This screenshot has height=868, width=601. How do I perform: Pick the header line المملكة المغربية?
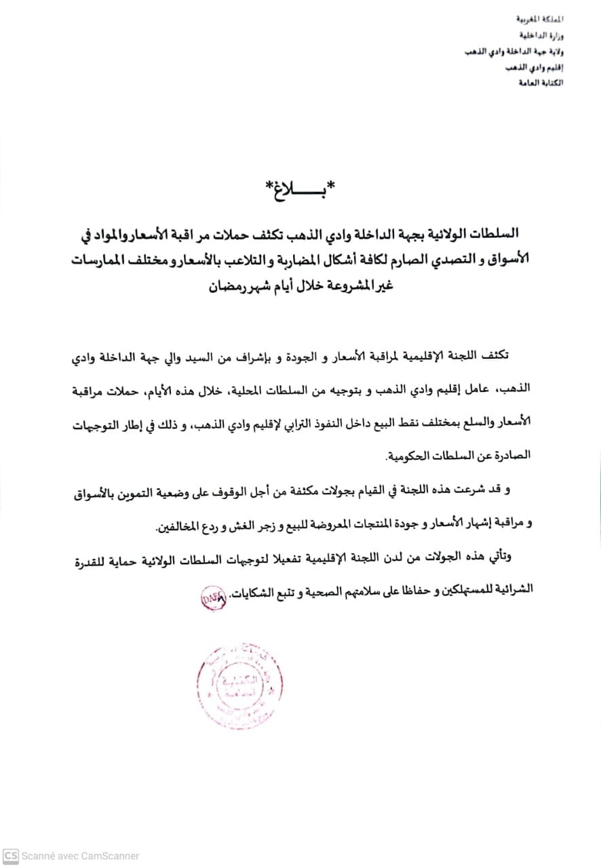[x=541, y=22]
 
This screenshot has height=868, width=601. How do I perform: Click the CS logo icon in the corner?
[x=11, y=855]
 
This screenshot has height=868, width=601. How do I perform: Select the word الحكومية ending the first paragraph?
[x=410, y=456]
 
